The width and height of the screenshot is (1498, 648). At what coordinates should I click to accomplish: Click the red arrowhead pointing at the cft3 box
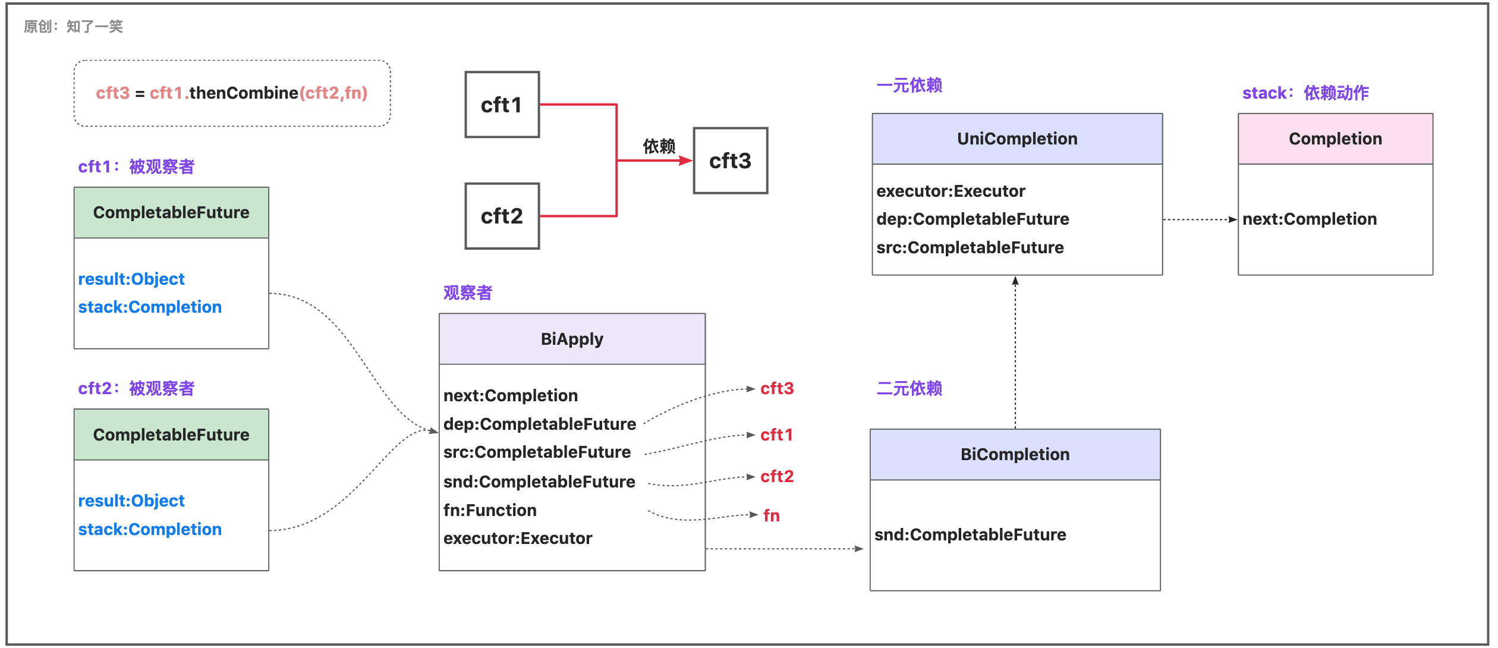(x=685, y=161)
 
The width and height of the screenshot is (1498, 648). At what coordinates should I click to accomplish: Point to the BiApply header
(x=572, y=339)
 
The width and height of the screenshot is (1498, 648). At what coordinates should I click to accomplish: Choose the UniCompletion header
(x=1017, y=139)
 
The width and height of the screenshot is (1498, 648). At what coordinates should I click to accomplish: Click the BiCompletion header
(x=1015, y=454)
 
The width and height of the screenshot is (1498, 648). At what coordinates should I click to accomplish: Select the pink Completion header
(x=1335, y=139)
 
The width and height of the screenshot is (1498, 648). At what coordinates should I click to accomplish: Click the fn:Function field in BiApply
(x=490, y=510)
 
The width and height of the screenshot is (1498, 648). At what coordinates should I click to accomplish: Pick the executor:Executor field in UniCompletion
(x=951, y=191)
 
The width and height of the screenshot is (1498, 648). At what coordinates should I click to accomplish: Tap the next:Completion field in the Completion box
(x=1310, y=219)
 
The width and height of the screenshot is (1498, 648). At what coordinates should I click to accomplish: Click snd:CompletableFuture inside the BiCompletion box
(x=970, y=534)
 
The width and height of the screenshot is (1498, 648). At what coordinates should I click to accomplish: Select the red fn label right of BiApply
(x=772, y=515)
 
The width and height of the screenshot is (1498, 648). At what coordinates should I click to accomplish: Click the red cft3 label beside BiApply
(x=777, y=388)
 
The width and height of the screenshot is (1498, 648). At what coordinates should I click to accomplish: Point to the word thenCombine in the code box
(x=244, y=93)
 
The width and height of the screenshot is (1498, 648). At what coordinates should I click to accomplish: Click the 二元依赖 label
(x=909, y=388)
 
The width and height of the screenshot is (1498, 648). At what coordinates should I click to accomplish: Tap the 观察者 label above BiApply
(x=468, y=292)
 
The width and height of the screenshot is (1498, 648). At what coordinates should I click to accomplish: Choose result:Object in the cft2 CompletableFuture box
(x=131, y=501)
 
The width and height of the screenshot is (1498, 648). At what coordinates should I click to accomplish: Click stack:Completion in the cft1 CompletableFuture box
(x=150, y=307)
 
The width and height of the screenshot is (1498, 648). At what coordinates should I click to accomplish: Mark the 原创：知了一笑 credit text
(x=74, y=26)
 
